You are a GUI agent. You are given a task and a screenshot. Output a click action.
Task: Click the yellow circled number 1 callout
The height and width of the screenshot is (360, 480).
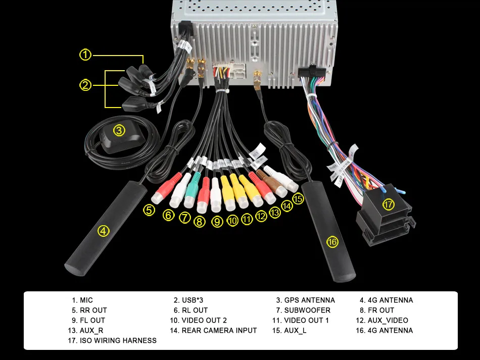click(x=85, y=55)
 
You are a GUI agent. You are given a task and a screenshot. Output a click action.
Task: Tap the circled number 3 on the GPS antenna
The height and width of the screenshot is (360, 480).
click(x=119, y=131)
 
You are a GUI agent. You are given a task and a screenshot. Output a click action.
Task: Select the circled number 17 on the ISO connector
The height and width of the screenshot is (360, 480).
click(x=389, y=204)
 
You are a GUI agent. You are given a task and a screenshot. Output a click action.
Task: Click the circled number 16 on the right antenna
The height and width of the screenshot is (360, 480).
click(x=332, y=242)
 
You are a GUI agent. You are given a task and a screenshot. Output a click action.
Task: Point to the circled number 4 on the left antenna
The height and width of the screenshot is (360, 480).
click(x=104, y=231)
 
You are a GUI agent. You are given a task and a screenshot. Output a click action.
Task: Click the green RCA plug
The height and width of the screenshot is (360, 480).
click(x=192, y=190)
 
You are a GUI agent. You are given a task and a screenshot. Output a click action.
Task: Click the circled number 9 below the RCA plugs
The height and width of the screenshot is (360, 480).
click(x=217, y=221)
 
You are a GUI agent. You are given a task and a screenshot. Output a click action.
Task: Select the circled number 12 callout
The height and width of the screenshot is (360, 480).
click(x=261, y=216)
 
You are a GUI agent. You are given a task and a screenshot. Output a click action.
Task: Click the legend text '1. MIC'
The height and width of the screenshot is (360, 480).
click(x=82, y=300)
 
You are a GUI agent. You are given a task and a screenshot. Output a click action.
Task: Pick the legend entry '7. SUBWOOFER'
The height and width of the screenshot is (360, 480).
click(x=303, y=310)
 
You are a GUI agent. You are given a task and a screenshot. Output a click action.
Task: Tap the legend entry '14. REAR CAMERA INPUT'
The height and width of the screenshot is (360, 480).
click(x=213, y=330)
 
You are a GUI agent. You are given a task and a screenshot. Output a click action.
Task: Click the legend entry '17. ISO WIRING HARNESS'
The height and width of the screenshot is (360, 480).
click(x=112, y=340)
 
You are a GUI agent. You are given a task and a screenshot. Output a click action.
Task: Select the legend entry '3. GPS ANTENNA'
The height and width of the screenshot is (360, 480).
click(x=306, y=300)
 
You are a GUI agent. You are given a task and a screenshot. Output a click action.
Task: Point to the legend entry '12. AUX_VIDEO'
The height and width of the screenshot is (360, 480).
click(x=382, y=320)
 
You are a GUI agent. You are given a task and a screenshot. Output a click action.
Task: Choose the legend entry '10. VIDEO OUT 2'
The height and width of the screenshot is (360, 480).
click(x=199, y=320)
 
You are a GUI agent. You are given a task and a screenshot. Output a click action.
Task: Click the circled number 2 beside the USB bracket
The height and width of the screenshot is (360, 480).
click(x=85, y=85)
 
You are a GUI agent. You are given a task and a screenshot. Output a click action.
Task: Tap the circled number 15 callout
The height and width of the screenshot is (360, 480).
click(x=298, y=199)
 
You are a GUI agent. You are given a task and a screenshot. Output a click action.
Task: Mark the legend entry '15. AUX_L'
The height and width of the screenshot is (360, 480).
click(x=290, y=330)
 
